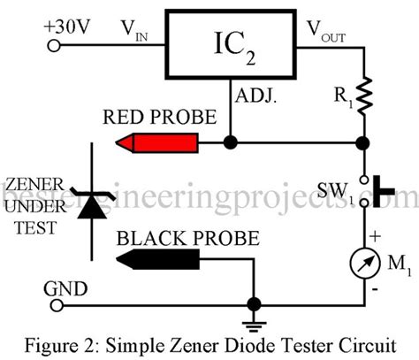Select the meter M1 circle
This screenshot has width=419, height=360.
tap(363, 263)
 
